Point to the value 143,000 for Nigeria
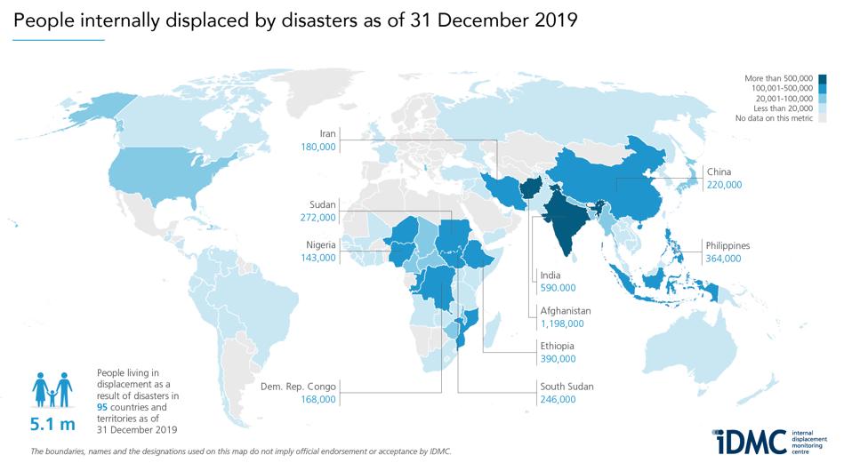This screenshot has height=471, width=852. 318,258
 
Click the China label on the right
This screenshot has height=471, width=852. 719,171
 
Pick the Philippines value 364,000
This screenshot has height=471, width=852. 723,259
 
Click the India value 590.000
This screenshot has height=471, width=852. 558,288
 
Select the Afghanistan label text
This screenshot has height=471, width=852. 566,312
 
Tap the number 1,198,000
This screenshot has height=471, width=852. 565,325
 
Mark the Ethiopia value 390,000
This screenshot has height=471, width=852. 558,359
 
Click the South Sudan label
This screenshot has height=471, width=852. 567,387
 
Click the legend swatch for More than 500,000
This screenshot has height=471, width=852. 822,79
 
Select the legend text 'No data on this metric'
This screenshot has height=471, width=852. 775,118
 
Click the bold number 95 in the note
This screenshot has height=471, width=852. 102,405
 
